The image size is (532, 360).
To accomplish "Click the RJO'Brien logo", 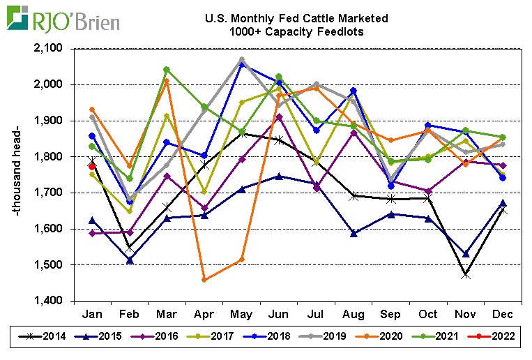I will coord(63,19).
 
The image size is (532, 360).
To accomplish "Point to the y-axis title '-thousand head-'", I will coord(20,174).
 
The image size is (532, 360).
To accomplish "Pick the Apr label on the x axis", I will coord(204,313).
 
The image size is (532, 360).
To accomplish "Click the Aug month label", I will coord(354,313).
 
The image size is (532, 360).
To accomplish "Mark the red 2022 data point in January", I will coord(92,165).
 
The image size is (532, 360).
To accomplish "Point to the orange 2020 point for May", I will coord(241,260).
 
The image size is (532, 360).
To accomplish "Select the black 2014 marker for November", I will coord(465,275).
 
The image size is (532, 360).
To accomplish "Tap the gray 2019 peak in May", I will coord(241,60).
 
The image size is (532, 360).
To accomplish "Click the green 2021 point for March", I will coord(167,70).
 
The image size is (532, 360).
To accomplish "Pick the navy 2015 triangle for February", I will coord(130,260).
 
